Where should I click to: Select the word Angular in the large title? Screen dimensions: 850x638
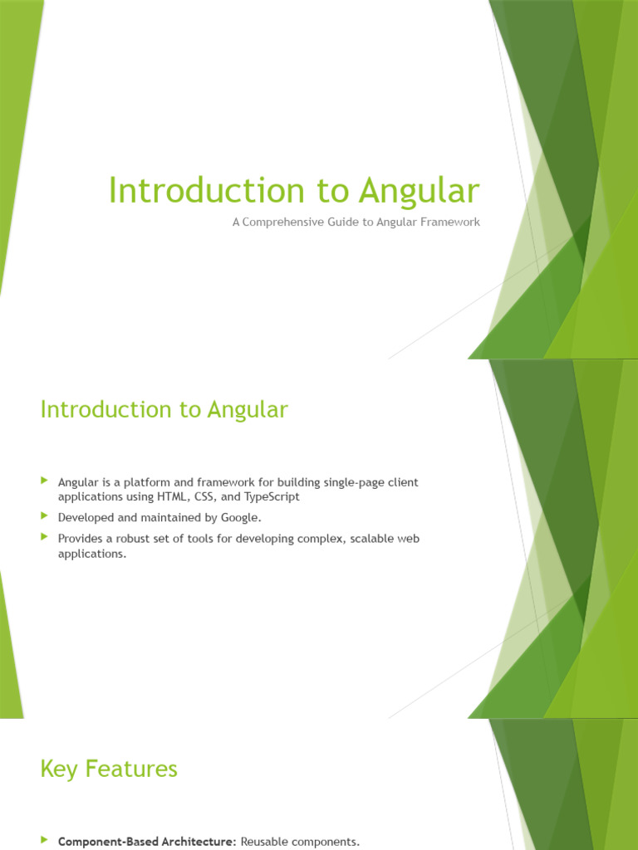[x=420, y=191]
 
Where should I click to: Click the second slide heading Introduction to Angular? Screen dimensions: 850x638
[x=164, y=409]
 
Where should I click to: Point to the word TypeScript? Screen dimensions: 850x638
[x=270, y=496]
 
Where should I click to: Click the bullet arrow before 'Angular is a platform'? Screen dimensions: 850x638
[x=45, y=481]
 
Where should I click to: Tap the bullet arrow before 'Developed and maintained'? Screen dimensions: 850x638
[x=45, y=516]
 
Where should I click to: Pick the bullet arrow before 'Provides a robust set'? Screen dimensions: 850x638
[x=45, y=538]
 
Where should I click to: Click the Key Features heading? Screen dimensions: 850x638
[x=109, y=769]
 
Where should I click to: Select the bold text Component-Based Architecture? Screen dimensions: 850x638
[x=147, y=842]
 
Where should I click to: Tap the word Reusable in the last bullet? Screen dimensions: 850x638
[x=265, y=842]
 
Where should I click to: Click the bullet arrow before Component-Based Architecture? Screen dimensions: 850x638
[x=45, y=841]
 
